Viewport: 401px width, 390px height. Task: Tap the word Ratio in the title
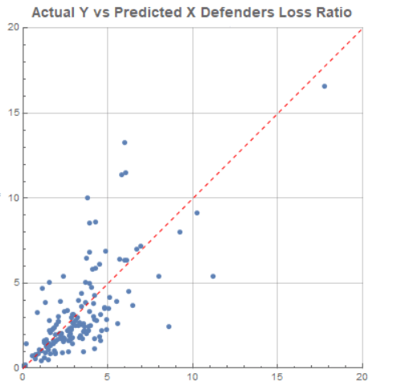(x=333, y=12)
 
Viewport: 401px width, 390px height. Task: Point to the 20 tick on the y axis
(x=12, y=27)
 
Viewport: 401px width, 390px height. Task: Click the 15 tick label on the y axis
(x=12, y=113)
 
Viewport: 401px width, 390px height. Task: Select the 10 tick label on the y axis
(x=12, y=198)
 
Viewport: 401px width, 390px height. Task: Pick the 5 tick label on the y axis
(x=14, y=282)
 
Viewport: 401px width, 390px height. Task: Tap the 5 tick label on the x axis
(x=108, y=376)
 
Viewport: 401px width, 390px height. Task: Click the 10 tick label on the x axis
(x=193, y=376)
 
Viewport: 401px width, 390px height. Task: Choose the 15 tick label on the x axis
(x=277, y=376)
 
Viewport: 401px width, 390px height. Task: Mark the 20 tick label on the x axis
(x=362, y=376)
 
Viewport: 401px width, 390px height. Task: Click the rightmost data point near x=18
(x=325, y=86)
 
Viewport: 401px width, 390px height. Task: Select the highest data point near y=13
(x=125, y=142)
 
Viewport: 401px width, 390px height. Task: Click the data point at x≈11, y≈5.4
(x=213, y=276)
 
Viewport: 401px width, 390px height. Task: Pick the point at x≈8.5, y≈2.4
(x=169, y=326)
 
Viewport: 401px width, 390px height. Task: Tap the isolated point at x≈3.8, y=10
(x=88, y=198)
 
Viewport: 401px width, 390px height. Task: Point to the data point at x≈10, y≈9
(x=197, y=213)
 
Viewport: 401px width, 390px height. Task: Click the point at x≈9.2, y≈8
(x=180, y=232)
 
